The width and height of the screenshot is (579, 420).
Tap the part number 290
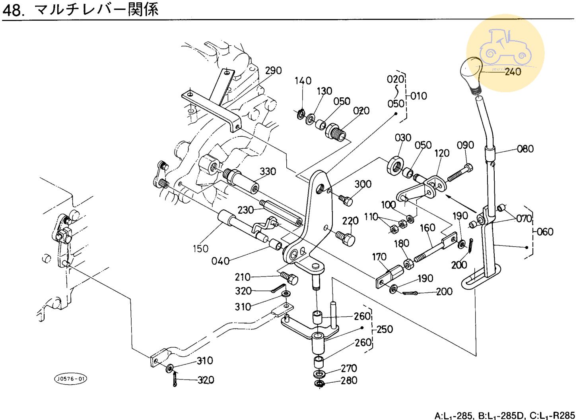[273, 71]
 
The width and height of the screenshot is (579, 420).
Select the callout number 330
[268, 172]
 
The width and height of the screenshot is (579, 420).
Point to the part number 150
[200, 249]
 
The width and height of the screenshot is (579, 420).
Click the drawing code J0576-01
[70, 379]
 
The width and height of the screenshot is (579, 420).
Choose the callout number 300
[363, 184]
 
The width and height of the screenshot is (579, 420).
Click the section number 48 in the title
[13, 10]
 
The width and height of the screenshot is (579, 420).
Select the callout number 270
[349, 368]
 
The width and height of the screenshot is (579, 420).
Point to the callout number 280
[349, 381]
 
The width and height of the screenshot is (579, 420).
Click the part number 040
[220, 261]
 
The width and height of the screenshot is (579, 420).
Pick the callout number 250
[385, 329]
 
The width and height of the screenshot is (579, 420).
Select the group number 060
[545, 232]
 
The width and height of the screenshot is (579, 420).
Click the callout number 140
[303, 81]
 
